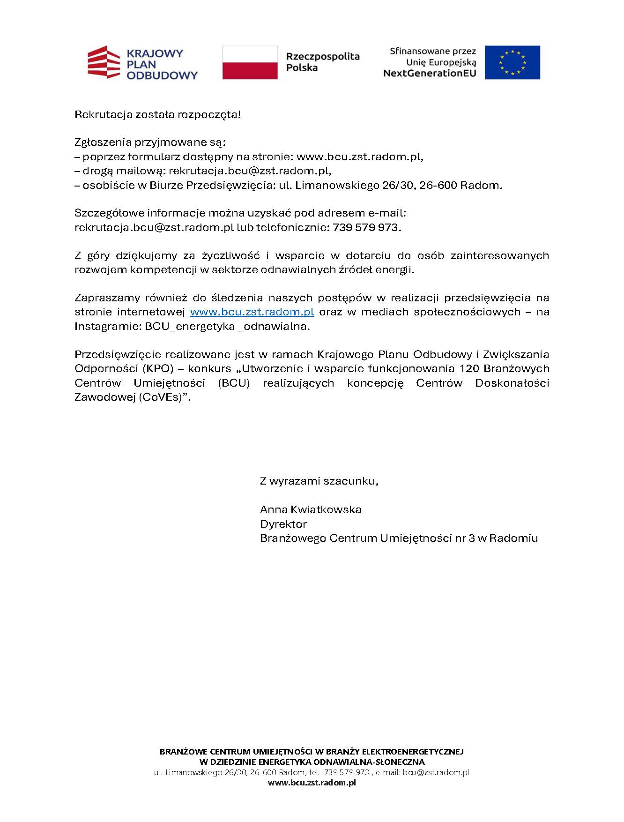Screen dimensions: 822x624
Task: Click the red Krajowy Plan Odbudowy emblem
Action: coord(104,62)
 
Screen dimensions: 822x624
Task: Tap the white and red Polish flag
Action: coord(250,62)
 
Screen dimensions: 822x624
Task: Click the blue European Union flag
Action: coord(512,62)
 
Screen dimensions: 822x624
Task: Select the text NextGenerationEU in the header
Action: coord(429,73)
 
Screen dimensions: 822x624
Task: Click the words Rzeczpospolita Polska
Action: coord(323,62)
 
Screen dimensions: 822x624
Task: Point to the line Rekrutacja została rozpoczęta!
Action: coord(157,114)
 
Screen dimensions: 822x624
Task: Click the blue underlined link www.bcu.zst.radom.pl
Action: coord(252,312)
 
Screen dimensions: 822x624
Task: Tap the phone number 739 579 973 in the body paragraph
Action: coord(366,228)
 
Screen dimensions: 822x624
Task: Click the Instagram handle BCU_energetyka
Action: coord(190,327)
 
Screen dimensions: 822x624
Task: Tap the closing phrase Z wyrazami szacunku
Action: coord(319,481)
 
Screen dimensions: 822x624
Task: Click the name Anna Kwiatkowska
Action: coord(311,509)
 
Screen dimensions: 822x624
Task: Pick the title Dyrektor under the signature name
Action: coord(283,524)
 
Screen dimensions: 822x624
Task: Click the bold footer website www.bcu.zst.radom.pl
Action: coord(312,783)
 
